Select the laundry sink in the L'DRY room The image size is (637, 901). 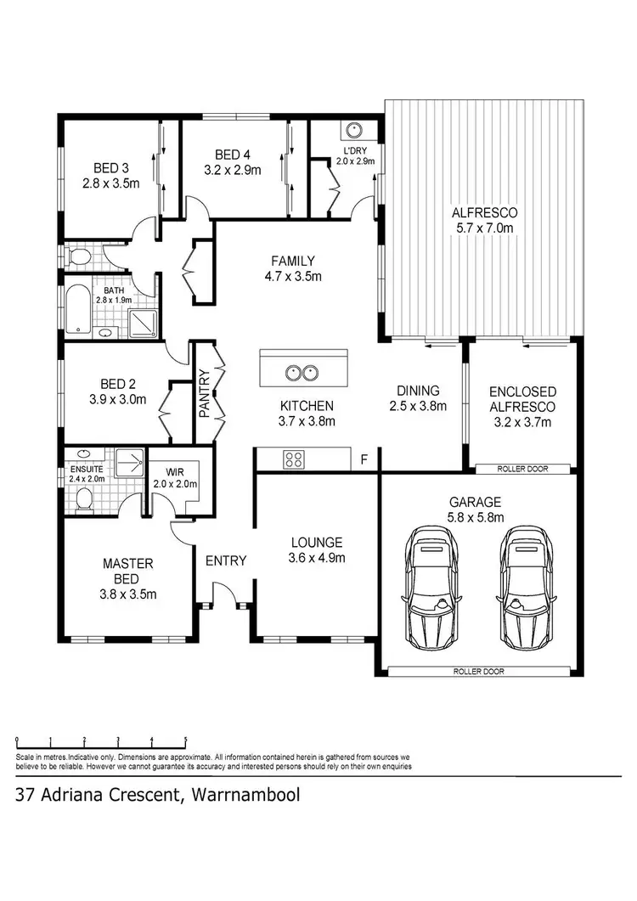353,131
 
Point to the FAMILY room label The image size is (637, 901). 293,261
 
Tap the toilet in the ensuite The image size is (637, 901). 84,503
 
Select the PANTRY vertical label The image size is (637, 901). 204,392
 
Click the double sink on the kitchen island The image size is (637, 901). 302,371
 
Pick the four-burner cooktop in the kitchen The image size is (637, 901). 294,460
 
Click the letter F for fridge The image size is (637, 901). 364,460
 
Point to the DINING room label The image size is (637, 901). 418,391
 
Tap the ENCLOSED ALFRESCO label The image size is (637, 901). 522,399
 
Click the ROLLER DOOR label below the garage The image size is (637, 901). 480,671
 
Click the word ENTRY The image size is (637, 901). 226,560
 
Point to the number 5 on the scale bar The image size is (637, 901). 185,740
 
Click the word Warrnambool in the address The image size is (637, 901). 246,796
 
